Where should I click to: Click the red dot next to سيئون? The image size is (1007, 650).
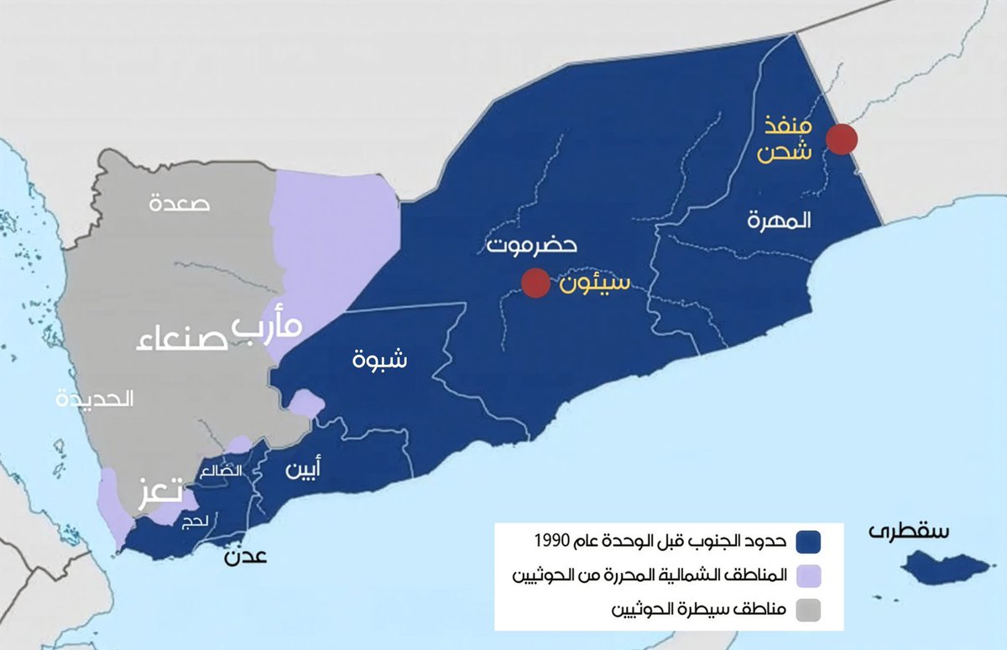coord(535,283)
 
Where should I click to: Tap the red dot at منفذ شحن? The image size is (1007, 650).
coord(841,139)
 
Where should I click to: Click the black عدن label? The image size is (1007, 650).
coord(244,554)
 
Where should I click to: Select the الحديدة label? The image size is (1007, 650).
coord(95,399)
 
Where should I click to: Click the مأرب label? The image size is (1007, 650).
coord(266,325)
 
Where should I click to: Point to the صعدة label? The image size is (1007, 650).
coord(180,202)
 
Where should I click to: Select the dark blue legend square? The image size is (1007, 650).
coord(808,543)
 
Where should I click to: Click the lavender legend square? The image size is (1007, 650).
coord(808,577)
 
